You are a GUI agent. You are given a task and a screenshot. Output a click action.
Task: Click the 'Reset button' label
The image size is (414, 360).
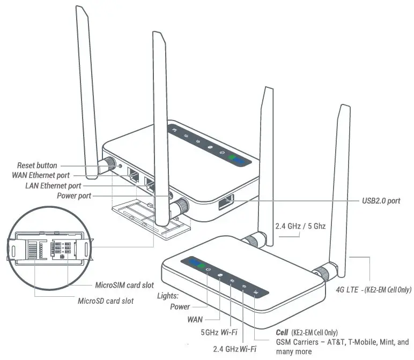(x=36, y=166)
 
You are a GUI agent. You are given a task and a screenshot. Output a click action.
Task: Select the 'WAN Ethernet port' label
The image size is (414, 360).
(x=40, y=175)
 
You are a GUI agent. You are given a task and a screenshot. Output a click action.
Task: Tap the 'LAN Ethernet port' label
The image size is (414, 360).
(x=54, y=185)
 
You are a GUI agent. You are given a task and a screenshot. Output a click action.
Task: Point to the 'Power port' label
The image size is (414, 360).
(x=74, y=196)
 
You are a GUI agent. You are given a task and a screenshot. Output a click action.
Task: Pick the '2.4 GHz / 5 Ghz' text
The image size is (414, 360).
(x=300, y=226)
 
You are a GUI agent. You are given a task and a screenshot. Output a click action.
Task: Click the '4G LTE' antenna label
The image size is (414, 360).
(x=346, y=289)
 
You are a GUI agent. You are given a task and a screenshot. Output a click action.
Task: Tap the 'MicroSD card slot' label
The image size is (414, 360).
(x=106, y=301)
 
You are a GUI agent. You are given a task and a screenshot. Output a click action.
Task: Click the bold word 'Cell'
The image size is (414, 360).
(x=282, y=332)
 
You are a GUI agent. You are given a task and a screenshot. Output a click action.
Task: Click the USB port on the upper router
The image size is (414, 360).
(x=225, y=205)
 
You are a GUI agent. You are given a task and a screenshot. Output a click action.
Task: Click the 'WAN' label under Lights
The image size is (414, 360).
(x=195, y=319)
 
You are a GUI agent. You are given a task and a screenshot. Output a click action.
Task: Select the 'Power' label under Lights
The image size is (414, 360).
(x=180, y=307)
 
